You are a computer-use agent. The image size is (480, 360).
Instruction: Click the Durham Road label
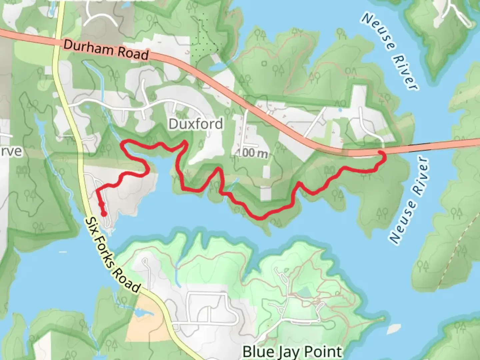point(106,50)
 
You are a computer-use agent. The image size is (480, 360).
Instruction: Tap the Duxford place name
point(196,124)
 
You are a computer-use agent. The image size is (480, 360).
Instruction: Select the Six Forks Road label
point(112,255)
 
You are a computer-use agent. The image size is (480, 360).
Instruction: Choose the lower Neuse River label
point(409,200)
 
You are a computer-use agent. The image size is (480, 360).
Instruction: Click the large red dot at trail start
point(104,214)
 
